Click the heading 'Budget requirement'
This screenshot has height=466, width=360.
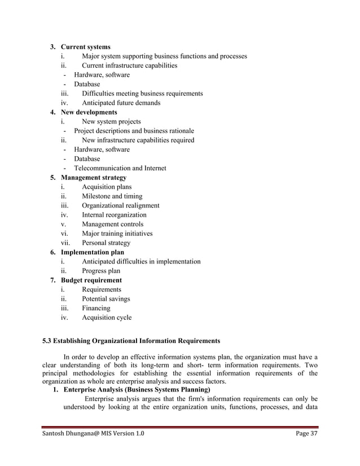tap(91, 280)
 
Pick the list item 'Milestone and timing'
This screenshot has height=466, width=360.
tap(112, 196)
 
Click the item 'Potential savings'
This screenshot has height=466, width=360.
tap(106, 299)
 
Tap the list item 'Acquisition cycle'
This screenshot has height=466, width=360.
tap(107, 318)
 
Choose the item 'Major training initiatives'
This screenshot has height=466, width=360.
tap(117, 234)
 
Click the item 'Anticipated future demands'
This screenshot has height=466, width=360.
tap(121, 103)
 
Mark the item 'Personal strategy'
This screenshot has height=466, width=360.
tap(106, 243)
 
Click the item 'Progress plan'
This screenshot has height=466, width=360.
tap(101, 271)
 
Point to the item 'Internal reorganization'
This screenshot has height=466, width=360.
tap(114, 215)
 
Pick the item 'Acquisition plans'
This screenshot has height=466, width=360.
tap(107, 187)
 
